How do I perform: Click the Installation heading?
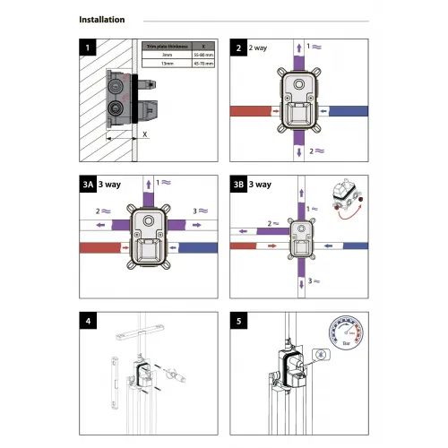pyautogui.click(x=102, y=20)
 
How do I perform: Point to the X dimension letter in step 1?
pyautogui.click(x=145, y=132)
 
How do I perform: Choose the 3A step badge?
pyautogui.click(x=88, y=185)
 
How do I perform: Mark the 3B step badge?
pyautogui.click(x=237, y=185)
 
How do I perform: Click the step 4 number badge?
pyautogui.click(x=87, y=319)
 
